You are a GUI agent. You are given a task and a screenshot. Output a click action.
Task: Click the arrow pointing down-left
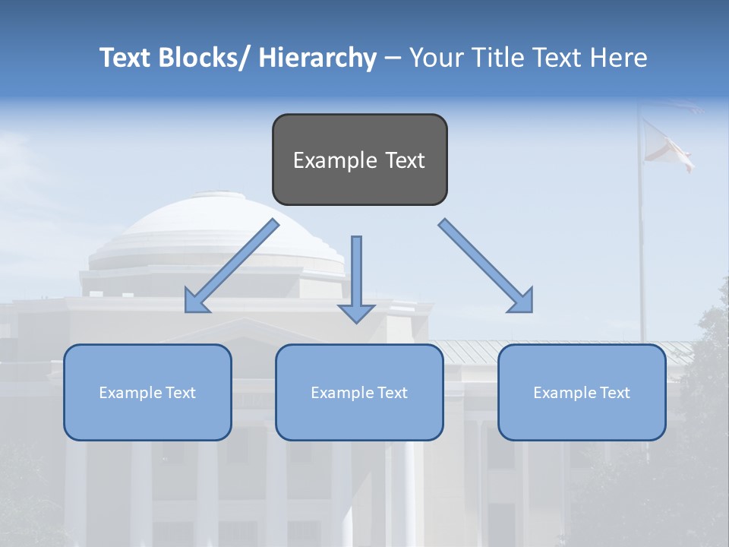pos(232,266)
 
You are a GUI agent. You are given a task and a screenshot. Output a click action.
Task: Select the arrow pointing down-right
pos(486,266)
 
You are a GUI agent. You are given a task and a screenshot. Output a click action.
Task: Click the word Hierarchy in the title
pos(317,58)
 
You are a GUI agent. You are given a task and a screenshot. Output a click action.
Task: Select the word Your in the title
pos(436,58)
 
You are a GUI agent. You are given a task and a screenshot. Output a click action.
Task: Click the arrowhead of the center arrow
pos(356,313)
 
